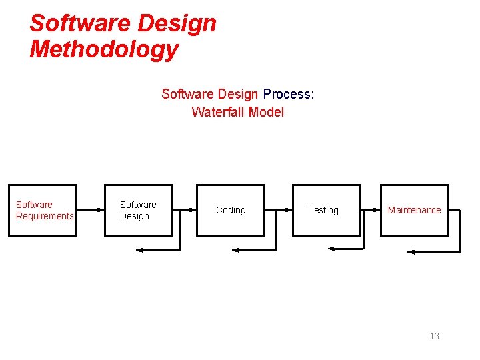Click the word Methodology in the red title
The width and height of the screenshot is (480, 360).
[104, 49]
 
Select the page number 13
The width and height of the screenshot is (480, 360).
[435, 336]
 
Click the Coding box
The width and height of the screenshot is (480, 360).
[230, 210]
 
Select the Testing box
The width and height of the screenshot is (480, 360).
[327, 210]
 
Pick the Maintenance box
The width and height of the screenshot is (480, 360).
[414, 210]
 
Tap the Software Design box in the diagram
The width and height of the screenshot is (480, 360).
[138, 210]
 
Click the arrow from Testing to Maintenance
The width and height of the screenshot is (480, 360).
[370, 210]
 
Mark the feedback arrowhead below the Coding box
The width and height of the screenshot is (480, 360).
[235, 250]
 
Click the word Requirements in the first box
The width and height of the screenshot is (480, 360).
[45, 216]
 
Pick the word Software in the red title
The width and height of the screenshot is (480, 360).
[73, 23]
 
